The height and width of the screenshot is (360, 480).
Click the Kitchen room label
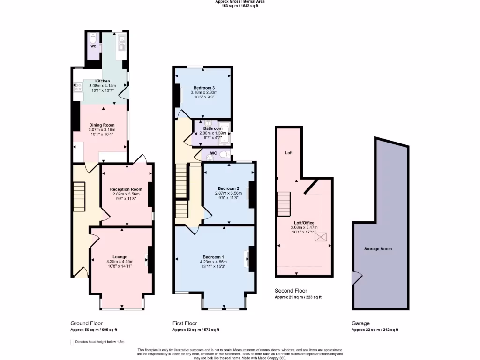coord(102,81)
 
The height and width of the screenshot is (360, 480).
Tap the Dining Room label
coord(102,125)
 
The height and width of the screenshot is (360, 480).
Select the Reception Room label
coord(126,189)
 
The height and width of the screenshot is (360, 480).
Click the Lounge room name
coord(120,257)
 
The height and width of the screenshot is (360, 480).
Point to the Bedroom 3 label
coord(204,88)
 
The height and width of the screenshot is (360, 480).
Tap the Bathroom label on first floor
coord(213,128)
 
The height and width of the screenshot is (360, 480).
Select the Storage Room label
coord(378,249)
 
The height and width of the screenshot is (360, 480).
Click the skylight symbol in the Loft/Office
coord(322,237)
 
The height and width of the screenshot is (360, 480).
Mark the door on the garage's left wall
coord(356,278)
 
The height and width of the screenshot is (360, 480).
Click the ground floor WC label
coord(93,46)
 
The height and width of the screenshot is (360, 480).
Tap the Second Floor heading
coord(291,291)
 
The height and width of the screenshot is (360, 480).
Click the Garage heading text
coord(360,323)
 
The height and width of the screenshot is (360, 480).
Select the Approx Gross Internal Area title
coord(240,2)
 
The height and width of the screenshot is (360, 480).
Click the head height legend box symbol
coord(72,343)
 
